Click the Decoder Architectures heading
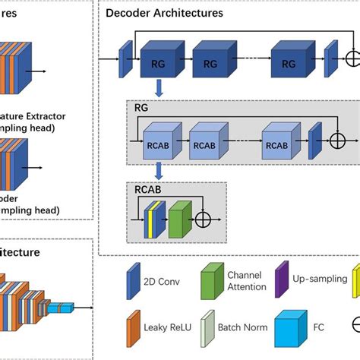tap(164, 13)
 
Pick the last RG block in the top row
tap(289, 63)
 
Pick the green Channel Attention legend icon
tap(210, 280)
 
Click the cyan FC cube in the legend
tap(286, 332)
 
